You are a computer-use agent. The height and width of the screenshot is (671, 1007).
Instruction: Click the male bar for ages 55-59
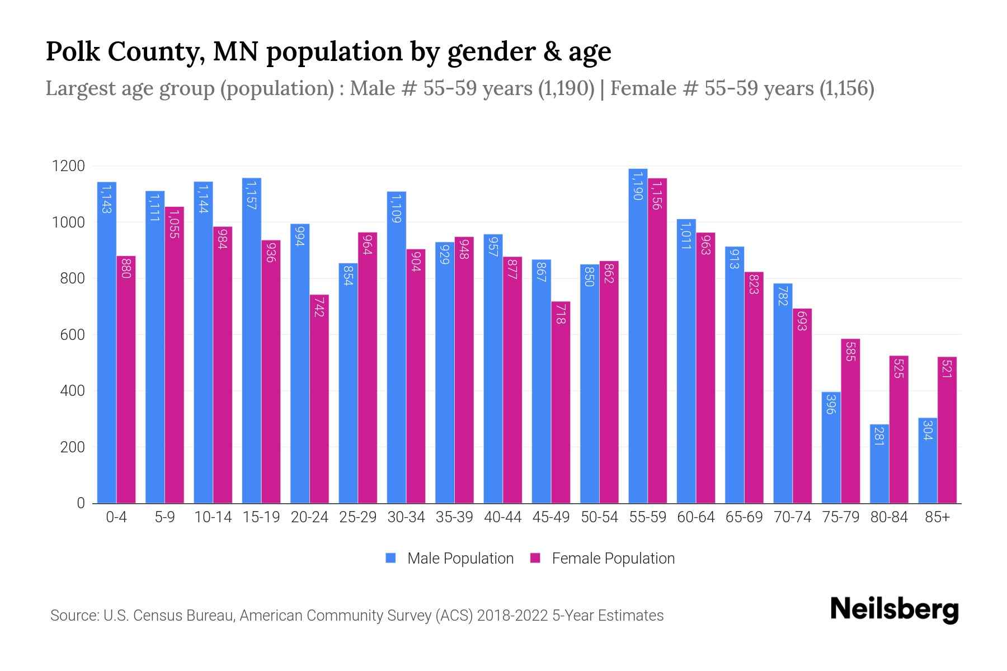[x=638, y=335]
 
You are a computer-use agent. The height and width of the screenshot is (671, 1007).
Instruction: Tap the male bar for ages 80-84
[x=879, y=464]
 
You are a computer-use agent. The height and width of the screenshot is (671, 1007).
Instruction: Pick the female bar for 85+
[x=947, y=430]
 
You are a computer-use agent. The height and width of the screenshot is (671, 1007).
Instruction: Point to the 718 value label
[x=561, y=315]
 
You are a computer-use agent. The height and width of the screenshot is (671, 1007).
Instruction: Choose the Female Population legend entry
[x=603, y=559]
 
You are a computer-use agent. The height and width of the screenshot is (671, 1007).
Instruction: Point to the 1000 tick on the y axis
[x=68, y=223]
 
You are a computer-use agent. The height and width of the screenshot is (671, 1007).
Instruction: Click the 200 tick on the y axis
[x=72, y=447]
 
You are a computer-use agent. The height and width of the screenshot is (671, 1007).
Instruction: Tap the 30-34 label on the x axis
[x=406, y=517]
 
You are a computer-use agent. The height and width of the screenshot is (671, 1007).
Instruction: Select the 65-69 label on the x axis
[x=744, y=517]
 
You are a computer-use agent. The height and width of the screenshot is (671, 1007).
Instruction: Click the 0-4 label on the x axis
[x=116, y=517]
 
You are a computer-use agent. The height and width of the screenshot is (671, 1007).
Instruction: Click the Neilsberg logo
[x=894, y=609]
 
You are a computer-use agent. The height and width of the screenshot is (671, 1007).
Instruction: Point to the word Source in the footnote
[x=74, y=616]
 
